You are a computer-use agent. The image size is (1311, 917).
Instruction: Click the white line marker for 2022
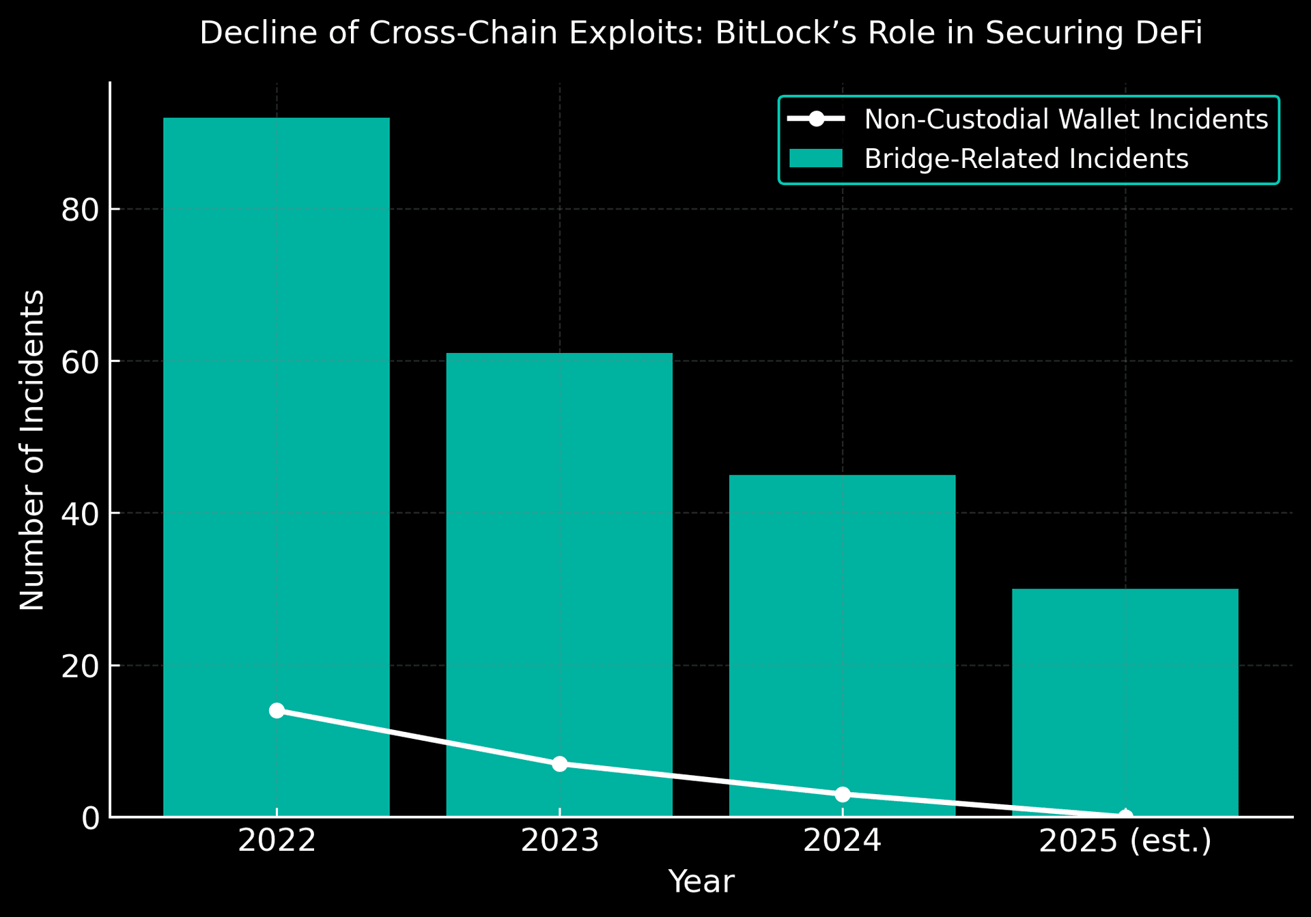pos(277,711)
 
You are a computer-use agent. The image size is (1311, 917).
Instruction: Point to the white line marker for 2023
pos(559,763)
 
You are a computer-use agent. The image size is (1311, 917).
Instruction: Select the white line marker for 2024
pos(842,794)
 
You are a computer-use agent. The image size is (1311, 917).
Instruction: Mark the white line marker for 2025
pos(1125,816)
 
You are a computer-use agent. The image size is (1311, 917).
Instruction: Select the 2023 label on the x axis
pos(559,841)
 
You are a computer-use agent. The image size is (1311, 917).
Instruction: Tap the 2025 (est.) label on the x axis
pos(1125,841)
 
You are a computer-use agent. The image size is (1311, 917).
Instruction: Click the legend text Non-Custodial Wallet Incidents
pos(1066,119)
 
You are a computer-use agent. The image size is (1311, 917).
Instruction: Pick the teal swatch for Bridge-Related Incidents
pos(816,158)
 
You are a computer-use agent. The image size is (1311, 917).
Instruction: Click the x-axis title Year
pos(701,881)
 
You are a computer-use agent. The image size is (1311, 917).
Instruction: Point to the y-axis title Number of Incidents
pos(32,450)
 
